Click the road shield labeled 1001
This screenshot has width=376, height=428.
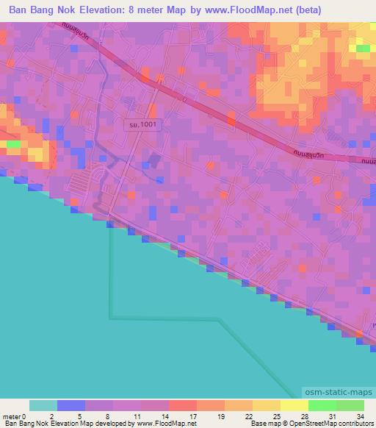[x=140, y=126]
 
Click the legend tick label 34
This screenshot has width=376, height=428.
[x=359, y=415]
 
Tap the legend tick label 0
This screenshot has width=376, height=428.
[x=30, y=415]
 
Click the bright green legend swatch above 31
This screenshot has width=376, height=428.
[x=322, y=405]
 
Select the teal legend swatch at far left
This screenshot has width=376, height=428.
[x=43, y=405]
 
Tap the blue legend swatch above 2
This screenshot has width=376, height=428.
[x=71, y=405]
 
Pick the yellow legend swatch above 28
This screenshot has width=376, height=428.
[x=294, y=405]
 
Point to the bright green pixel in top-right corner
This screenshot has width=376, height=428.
[x=363, y=49]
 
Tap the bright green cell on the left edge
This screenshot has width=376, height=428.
[x=14, y=143]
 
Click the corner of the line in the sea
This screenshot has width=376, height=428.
[x=110, y=318]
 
